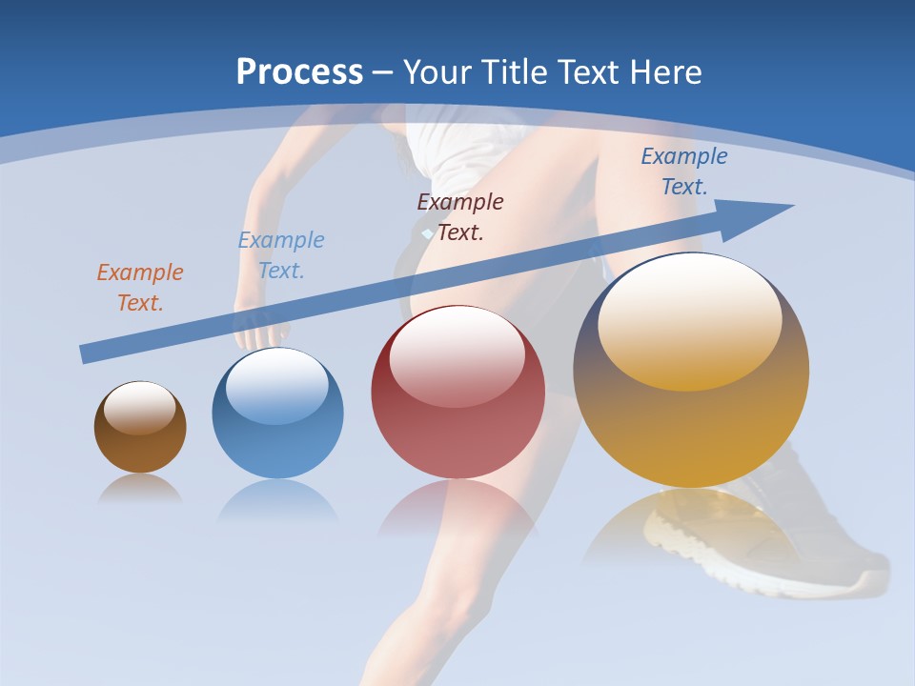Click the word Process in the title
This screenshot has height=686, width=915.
(299, 72)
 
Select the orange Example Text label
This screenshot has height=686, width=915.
(140, 288)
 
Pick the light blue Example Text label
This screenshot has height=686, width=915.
(281, 255)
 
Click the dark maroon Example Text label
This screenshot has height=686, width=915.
(460, 217)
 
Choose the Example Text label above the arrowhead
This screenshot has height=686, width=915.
(684, 171)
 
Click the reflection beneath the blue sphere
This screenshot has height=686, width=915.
(277, 499)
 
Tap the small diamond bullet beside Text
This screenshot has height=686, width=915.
(427, 232)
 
